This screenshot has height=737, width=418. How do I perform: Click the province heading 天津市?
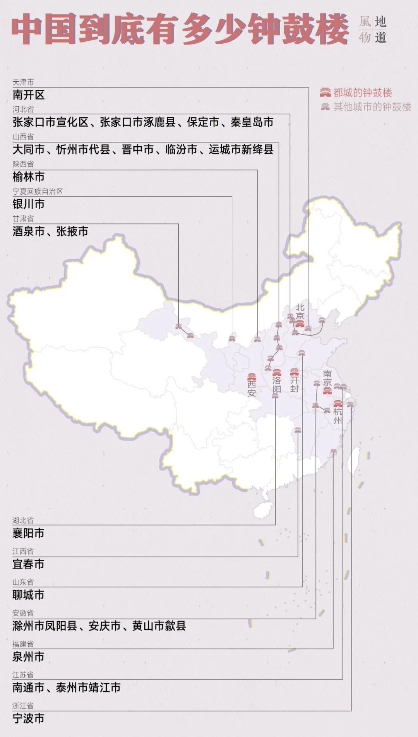(x=23, y=82)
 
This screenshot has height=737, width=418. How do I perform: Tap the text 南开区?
(x=29, y=95)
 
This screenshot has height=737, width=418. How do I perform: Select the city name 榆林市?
(x=29, y=177)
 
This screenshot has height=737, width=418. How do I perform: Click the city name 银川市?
(x=29, y=204)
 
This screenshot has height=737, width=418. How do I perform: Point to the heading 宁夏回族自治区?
(x=38, y=191)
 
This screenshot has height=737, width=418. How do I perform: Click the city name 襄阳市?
(x=28, y=533)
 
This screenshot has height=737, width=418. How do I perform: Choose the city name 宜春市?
(x=28, y=564)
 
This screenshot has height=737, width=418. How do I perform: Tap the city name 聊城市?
(x=28, y=595)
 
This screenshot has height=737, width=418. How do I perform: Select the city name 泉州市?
(x=28, y=657)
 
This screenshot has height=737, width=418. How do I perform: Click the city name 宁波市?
(x=28, y=719)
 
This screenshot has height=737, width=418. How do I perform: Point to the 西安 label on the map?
(x=252, y=389)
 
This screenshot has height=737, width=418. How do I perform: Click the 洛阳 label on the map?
(x=276, y=385)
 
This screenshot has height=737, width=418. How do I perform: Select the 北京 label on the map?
(x=300, y=312)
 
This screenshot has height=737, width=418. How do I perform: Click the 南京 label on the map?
(x=327, y=378)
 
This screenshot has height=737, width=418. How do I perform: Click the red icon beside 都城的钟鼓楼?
(x=325, y=93)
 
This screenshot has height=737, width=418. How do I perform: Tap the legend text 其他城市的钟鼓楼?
(x=372, y=107)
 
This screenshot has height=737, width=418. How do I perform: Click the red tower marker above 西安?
(x=252, y=377)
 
